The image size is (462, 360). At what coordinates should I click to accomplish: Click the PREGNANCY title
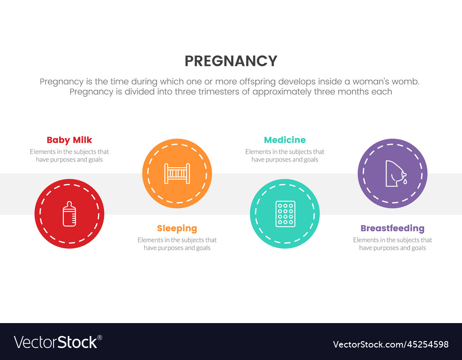pos(231,61)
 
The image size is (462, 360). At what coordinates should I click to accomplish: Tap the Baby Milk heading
pos(69,140)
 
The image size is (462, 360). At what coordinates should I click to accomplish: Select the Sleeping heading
pos(177,228)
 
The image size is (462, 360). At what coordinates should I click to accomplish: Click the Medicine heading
pos(285,140)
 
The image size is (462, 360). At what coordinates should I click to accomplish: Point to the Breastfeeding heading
pos(392,228)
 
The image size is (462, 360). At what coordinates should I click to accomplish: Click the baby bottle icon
pos(69,214)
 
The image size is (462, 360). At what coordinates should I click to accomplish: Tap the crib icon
pos(177,174)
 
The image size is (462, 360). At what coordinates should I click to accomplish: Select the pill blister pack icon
pos(285,214)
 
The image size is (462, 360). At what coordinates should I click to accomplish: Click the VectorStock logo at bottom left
pos(55,342)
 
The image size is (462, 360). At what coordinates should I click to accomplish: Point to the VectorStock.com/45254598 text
pos(391,344)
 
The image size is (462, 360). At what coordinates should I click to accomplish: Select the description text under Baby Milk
pos(69,156)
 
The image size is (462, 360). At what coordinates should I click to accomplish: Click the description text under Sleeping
pos(177,244)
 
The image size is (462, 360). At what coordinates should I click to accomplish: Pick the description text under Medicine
pos(285,156)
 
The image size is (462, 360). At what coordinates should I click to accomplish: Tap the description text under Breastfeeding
pos(392,244)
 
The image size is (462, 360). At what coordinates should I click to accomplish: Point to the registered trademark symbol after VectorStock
pos(100,337)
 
